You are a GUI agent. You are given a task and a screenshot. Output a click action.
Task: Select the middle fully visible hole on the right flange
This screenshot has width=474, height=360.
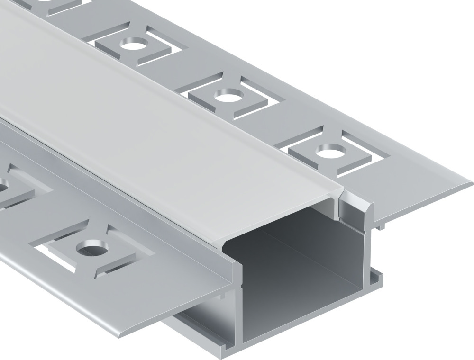coord(228,98)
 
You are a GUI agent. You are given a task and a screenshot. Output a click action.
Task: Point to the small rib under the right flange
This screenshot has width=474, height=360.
coord(382,227)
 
